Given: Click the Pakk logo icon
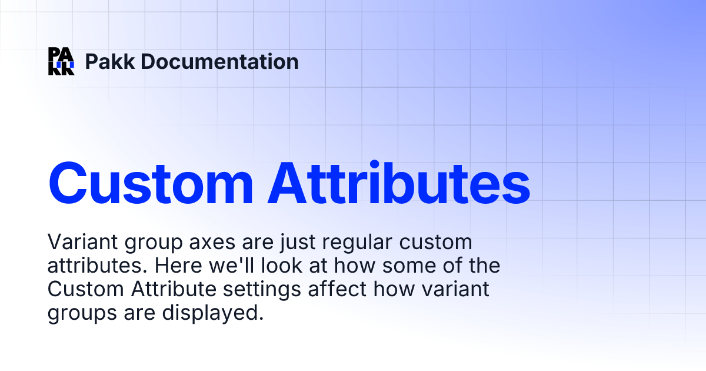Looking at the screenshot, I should coord(61,61).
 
